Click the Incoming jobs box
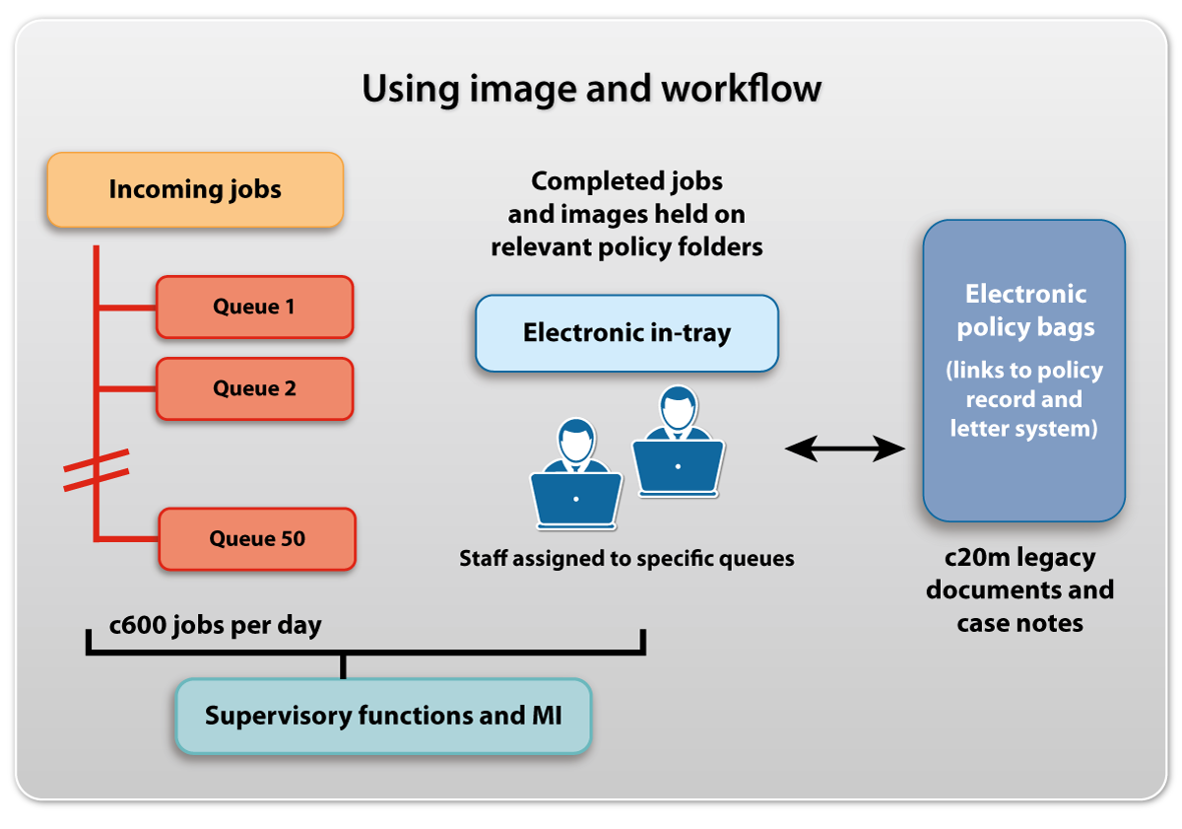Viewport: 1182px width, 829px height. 195,189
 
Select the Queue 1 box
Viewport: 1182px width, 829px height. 254,307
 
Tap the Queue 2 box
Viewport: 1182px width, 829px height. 254,388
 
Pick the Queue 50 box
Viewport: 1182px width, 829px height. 257,538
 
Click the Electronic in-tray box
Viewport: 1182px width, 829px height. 626,333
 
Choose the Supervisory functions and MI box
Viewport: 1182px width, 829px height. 383,716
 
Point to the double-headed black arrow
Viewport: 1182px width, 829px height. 844,450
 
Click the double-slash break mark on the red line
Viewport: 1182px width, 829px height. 97,470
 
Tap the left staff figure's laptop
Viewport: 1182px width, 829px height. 576,500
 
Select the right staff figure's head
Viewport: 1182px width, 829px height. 678,407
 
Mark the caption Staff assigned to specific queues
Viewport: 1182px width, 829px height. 626,559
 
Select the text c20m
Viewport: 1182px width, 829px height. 977,558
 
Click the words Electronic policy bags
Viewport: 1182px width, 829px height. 1025,311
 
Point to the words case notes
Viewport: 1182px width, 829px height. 1019,623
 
